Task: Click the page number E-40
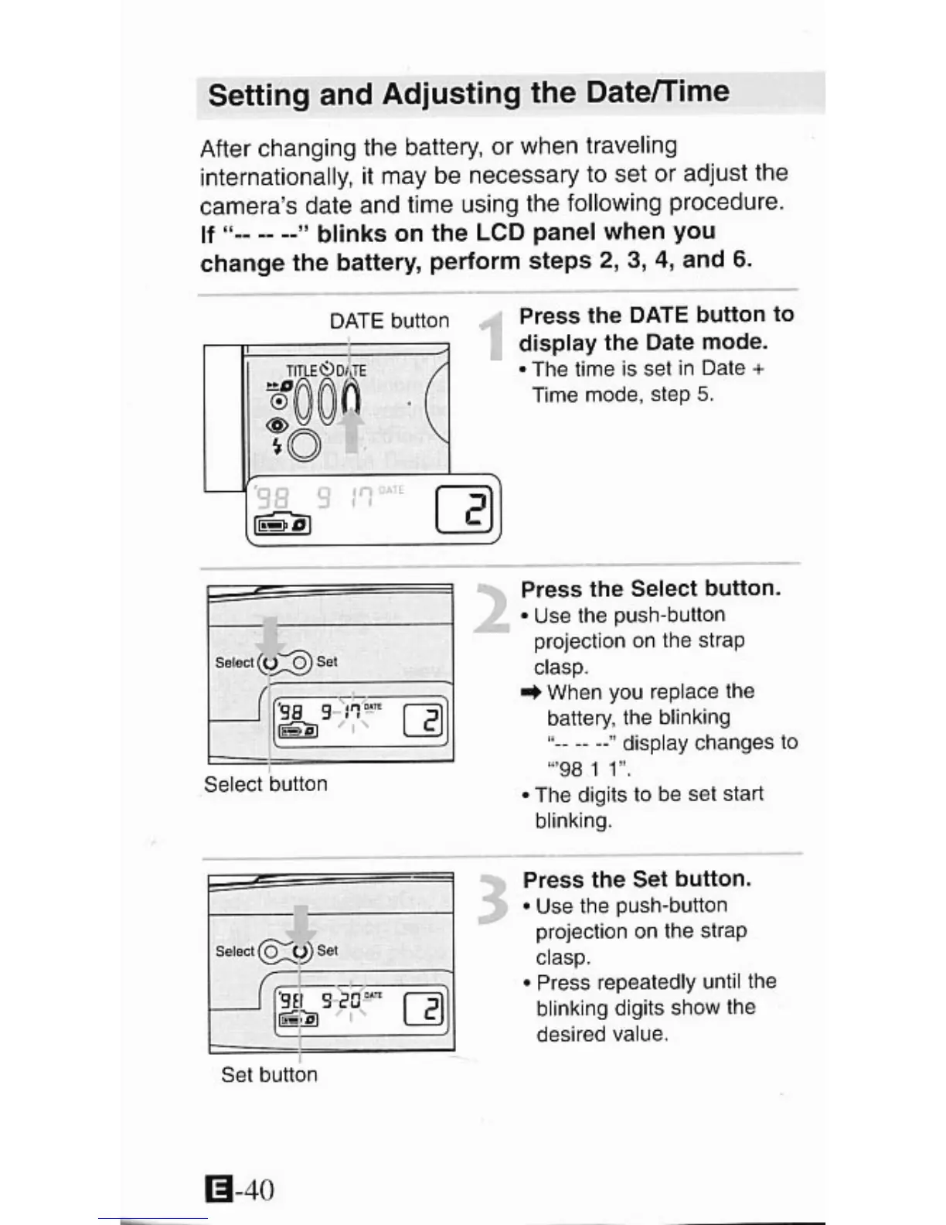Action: click(240, 1189)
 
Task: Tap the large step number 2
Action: click(491, 609)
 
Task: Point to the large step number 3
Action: click(492, 899)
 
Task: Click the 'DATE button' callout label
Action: click(389, 321)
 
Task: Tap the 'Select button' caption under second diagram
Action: click(266, 784)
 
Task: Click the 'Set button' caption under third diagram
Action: click(269, 1075)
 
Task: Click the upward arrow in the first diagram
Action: click(352, 429)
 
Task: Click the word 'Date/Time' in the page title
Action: click(658, 92)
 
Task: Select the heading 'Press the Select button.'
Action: click(651, 589)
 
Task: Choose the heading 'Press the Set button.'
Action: click(637, 879)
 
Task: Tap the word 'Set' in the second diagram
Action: click(327, 661)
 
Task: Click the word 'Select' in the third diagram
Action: click(234, 951)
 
